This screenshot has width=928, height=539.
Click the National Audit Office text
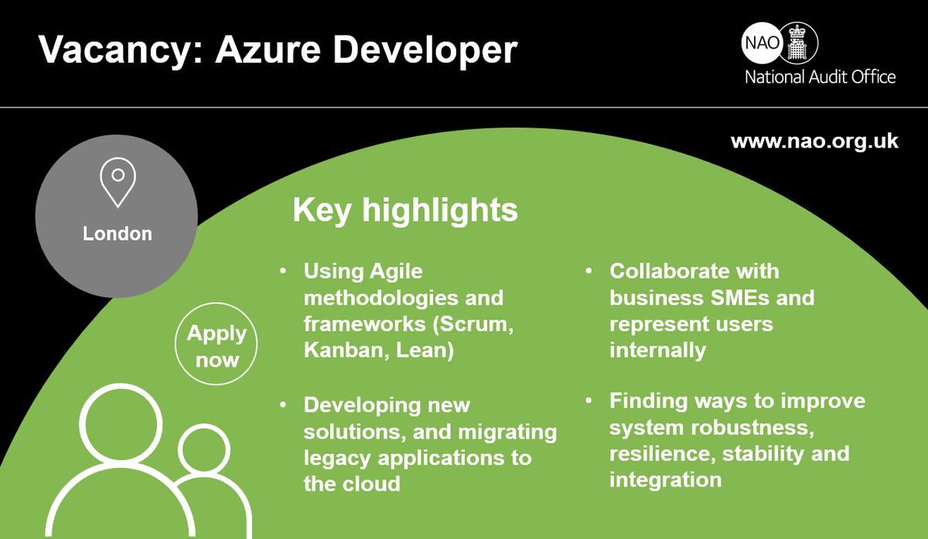coord(820,77)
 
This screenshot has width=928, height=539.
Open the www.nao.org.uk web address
coord(814,142)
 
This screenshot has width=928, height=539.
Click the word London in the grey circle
coord(118,233)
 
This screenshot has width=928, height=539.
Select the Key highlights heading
coord(404,210)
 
